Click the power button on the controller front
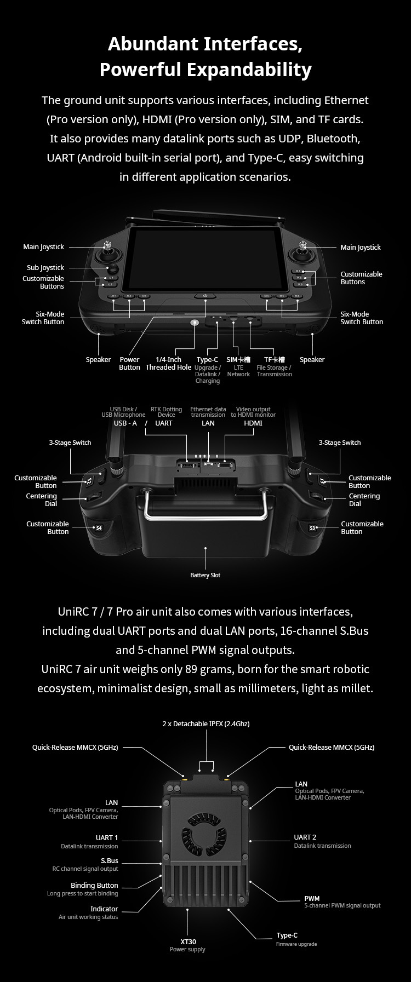(206, 296)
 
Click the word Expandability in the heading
(249, 70)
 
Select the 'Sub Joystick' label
(45, 267)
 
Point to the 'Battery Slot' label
(206, 575)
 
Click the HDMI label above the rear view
(253, 423)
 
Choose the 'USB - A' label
(125, 423)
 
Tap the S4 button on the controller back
(99, 528)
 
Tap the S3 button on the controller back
(313, 528)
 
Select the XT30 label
(187, 941)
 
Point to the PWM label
(312, 898)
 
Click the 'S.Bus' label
(110, 860)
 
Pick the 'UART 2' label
(305, 837)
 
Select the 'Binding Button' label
(94, 885)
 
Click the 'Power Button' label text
(129, 363)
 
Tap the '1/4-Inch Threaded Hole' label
(168, 363)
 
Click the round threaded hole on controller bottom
(194, 323)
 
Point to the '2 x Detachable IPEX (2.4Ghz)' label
(206, 723)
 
